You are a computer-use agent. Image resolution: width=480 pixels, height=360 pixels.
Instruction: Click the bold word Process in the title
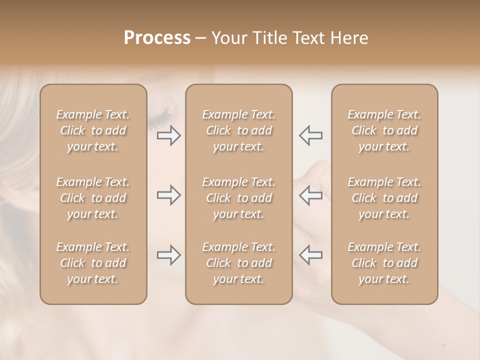click(157, 38)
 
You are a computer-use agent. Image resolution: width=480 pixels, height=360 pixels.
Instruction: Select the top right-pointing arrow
click(169, 135)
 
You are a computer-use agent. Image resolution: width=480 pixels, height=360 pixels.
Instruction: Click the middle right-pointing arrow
click(169, 195)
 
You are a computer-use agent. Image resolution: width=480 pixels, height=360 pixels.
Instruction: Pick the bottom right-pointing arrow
click(169, 255)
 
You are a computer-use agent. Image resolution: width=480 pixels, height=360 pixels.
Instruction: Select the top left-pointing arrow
click(310, 135)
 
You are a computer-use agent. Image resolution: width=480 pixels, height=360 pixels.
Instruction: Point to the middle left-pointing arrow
click(310, 195)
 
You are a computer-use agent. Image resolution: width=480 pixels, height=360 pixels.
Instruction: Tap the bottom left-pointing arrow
click(310, 255)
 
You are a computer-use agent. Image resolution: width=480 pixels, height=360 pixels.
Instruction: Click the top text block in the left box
click(93, 130)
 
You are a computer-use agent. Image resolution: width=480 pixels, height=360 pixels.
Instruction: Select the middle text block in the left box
click(93, 198)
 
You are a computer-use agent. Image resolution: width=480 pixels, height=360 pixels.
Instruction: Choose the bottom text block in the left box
click(93, 263)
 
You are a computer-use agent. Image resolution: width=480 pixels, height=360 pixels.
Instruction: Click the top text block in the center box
click(238, 130)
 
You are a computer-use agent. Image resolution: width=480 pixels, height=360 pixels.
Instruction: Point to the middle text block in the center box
click(238, 198)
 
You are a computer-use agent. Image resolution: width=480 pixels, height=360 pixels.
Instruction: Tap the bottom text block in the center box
click(238, 263)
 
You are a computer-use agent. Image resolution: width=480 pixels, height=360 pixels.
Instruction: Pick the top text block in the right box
click(384, 130)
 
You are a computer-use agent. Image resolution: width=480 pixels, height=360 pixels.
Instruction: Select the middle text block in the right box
click(384, 198)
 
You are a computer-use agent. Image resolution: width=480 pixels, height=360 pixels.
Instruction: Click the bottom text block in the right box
click(384, 263)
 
